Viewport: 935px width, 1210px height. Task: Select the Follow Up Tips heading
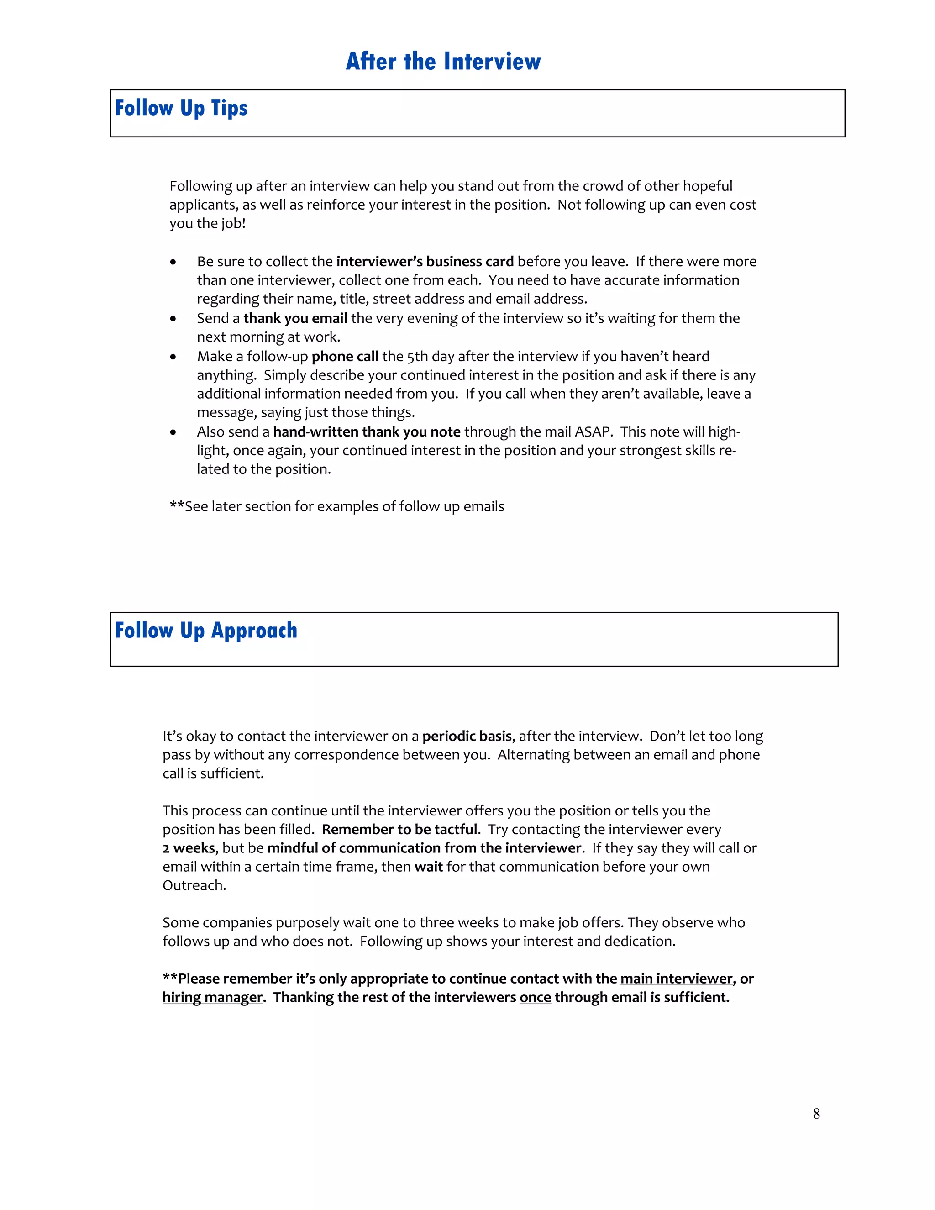(181, 108)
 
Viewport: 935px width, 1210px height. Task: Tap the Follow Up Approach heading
(206, 631)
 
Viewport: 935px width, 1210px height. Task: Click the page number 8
(816, 1114)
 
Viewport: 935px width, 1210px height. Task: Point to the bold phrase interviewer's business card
(425, 262)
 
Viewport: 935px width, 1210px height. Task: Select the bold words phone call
(345, 356)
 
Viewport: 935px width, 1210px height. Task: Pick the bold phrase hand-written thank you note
(367, 432)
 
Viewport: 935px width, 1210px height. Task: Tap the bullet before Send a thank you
(173, 319)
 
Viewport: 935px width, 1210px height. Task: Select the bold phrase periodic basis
(467, 737)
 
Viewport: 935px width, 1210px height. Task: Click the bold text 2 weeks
(189, 848)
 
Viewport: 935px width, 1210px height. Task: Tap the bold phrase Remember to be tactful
(399, 829)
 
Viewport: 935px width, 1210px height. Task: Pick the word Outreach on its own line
(194, 885)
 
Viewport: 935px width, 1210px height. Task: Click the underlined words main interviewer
(676, 979)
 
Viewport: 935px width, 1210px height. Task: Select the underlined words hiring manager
(212, 998)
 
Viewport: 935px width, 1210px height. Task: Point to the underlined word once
(535, 998)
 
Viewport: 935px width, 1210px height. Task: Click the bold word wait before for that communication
(428, 867)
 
